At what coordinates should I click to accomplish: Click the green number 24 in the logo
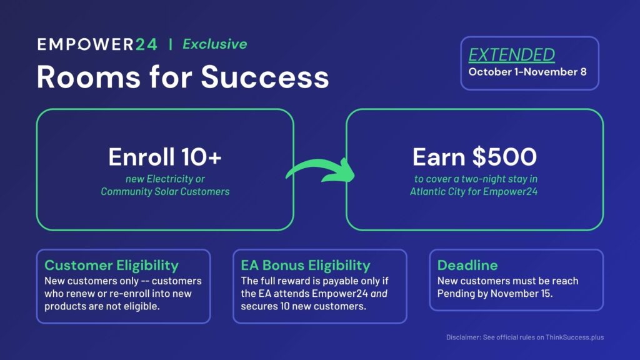(146, 44)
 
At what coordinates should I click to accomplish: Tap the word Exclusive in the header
(215, 44)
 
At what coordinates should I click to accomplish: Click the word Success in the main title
(265, 77)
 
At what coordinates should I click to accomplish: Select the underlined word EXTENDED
(511, 55)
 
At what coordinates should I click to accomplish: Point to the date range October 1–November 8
(527, 72)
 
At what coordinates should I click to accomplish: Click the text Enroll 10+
(165, 157)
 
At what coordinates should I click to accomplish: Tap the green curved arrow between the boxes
(321, 170)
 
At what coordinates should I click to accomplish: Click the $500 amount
(504, 157)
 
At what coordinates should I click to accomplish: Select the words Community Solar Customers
(165, 191)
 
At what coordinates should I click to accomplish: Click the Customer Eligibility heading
(111, 265)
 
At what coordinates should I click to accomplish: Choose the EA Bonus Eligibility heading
(306, 265)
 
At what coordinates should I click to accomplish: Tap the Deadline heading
(467, 265)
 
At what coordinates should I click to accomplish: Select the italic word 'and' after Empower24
(379, 294)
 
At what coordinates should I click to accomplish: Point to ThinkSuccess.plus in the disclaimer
(575, 337)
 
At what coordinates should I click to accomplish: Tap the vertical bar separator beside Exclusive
(170, 44)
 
